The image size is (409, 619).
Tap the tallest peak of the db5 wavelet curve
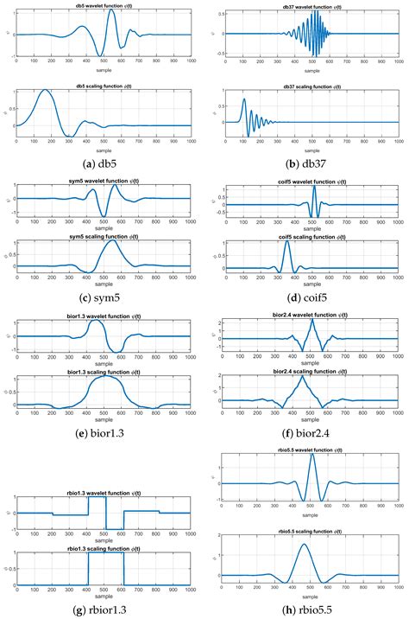point(112,11)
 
